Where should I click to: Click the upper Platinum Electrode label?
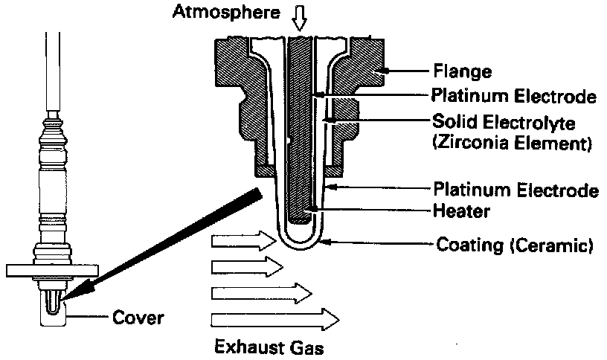tap(514, 97)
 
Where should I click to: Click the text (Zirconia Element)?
tap(511, 143)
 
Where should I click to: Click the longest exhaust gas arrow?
tap(275, 321)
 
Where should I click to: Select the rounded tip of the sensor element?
tap(301, 240)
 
